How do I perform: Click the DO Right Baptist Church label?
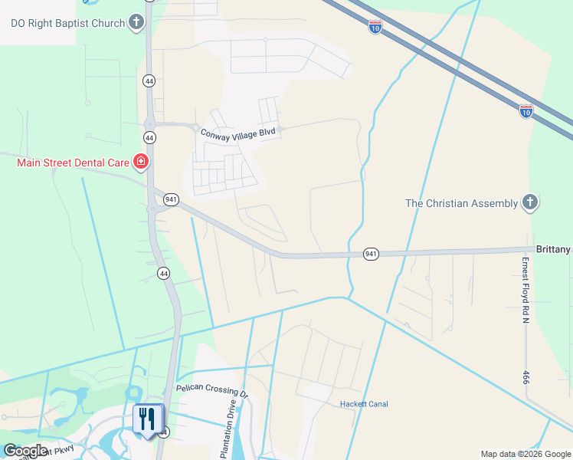[67, 23]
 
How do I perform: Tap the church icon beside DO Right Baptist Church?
[136, 22]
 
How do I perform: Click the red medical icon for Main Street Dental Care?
[141, 161]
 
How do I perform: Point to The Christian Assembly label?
[462, 203]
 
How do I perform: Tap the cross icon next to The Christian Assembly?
[529, 203]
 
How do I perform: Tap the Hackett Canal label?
[364, 404]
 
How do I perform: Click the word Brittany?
[552, 250]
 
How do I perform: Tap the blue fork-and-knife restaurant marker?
[147, 419]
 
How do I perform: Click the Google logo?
[25, 451]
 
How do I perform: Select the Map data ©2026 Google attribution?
[525, 454]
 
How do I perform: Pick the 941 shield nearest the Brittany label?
[371, 254]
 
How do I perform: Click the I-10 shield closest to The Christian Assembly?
[526, 111]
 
